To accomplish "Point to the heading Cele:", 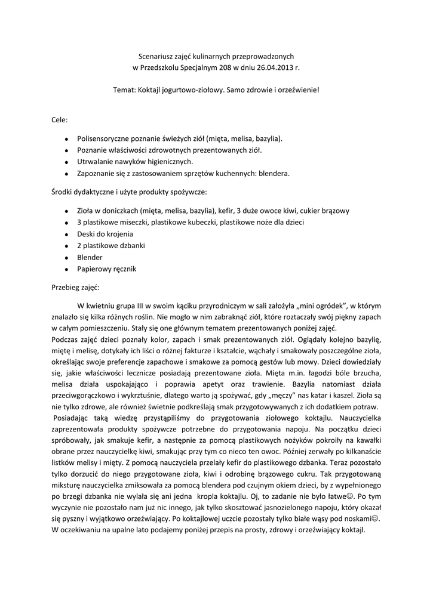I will click(x=60, y=120).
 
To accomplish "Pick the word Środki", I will click(x=63, y=192).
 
